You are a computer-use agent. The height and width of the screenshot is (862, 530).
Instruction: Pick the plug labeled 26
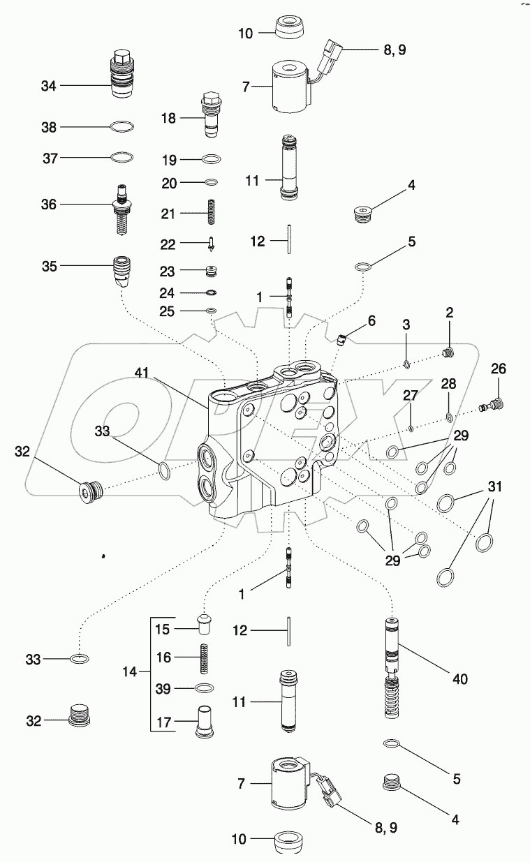click(x=494, y=404)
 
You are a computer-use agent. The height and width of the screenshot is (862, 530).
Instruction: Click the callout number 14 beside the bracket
click(x=129, y=672)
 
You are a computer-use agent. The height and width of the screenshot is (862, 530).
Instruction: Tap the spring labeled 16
click(x=205, y=657)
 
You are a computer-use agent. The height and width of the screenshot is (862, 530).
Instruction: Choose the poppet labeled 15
click(x=204, y=623)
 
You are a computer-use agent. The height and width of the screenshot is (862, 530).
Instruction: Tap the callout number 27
click(x=410, y=395)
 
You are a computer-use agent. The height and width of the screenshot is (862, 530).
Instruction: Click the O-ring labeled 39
click(x=205, y=688)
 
